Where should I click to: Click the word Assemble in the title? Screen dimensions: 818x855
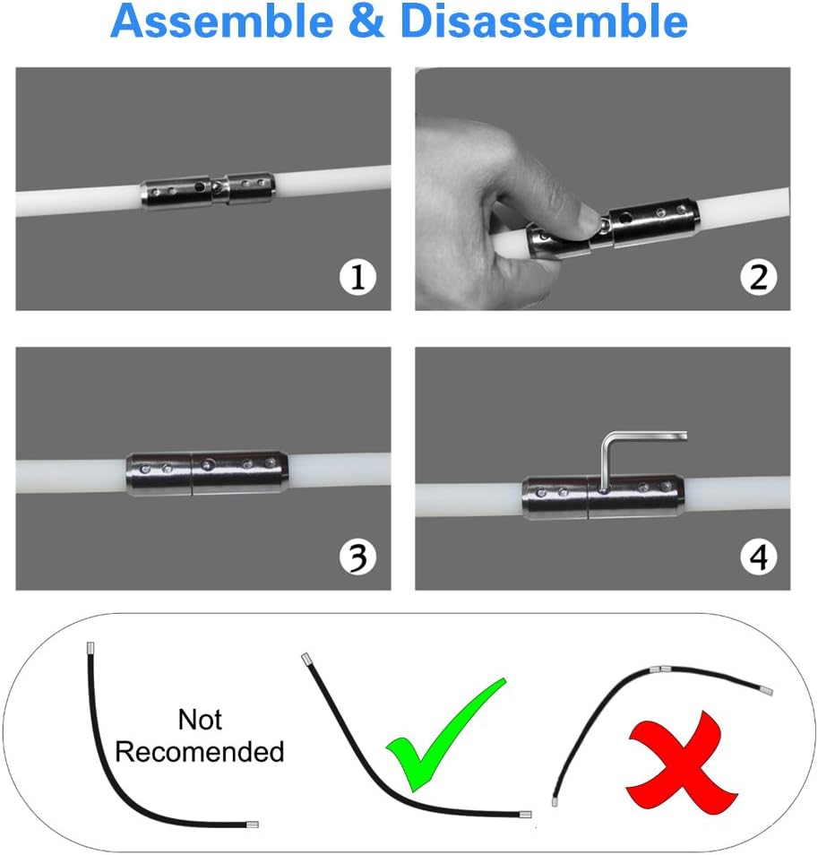(222, 22)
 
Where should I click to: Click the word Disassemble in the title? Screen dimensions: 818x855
(543, 22)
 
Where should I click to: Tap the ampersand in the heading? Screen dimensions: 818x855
(366, 22)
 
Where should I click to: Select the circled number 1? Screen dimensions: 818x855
(357, 277)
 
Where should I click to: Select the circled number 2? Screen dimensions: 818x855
(758, 277)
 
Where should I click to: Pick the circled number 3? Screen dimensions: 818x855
(357, 557)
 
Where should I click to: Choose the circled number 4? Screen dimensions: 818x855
(758, 557)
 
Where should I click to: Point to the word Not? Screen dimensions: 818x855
(200, 720)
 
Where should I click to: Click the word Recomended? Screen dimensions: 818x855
(200, 752)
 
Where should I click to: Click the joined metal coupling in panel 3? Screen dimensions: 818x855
(207, 473)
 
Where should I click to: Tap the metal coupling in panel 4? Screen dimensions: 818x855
(603, 497)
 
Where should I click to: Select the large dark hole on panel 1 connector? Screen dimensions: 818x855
(201, 187)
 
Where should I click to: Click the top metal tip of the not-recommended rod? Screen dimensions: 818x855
(90, 649)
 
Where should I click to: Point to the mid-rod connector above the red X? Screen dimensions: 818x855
(661, 669)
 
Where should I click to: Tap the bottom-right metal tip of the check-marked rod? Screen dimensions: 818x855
(525, 815)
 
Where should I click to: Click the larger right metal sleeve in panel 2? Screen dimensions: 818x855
(654, 222)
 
